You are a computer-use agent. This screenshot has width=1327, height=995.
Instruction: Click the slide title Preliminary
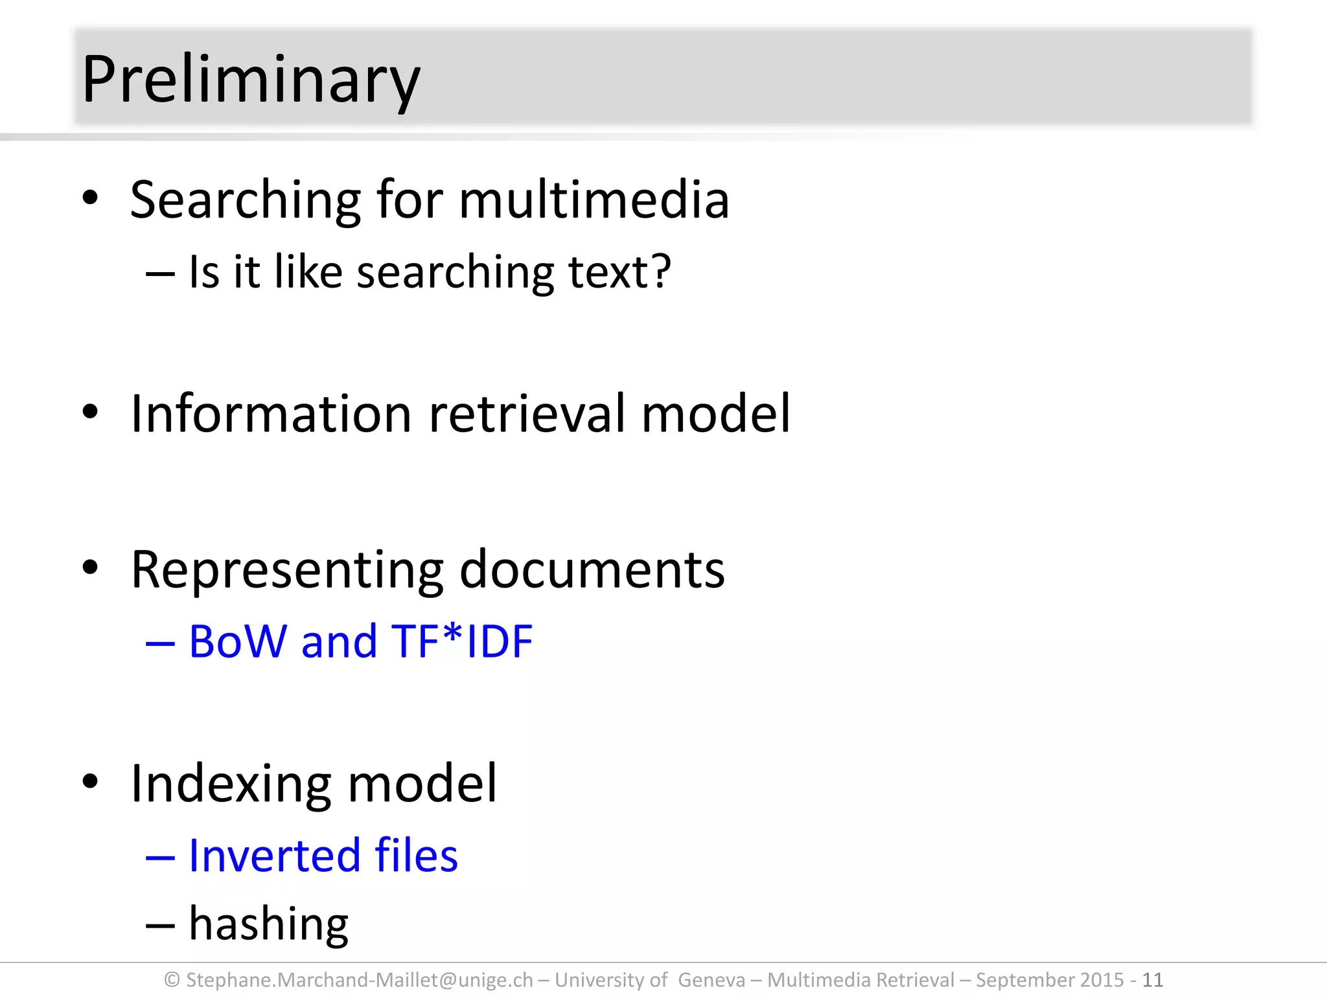pos(251,80)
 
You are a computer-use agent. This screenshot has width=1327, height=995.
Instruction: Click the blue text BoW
pos(238,641)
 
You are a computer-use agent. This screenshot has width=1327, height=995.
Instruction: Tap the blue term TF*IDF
pos(462,641)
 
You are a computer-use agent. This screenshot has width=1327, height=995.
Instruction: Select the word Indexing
pos(231,784)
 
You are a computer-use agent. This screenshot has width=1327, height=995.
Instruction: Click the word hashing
pos(268,924)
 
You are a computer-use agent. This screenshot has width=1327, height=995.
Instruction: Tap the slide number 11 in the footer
pos(1152,979)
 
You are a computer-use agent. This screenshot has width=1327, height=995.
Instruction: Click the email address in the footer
pos(359,979)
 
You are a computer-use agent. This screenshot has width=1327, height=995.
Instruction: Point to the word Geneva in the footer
pos(711,979)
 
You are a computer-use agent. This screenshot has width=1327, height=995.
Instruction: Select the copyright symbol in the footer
pos(172,979)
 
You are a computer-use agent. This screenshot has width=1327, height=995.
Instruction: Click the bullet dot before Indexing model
pos(90,781)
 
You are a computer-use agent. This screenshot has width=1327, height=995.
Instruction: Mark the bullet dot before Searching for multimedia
pos(90,197)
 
